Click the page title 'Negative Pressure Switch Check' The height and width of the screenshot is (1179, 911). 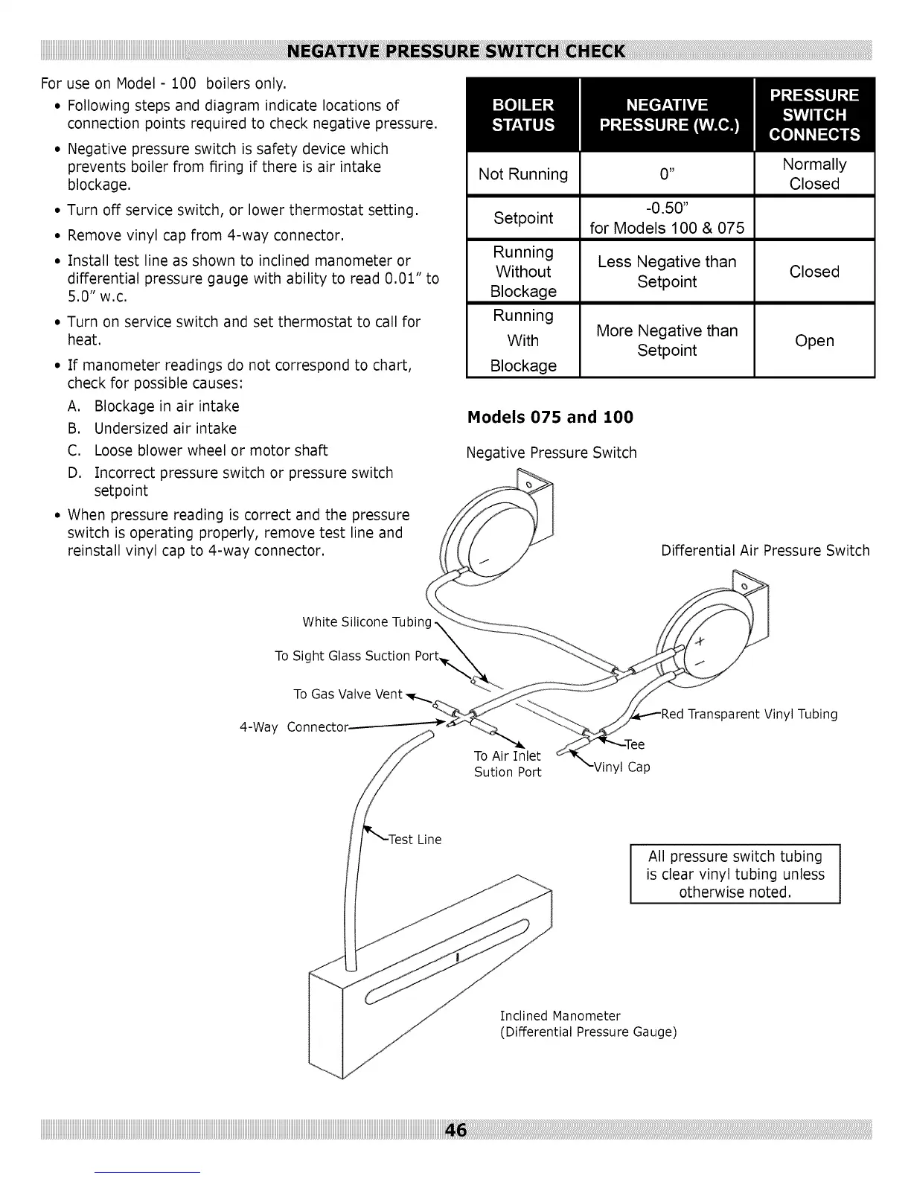tap(455, 51)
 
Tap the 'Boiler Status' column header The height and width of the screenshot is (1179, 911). tap(523, 115)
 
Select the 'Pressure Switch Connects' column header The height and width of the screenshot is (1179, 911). tap(814, 115)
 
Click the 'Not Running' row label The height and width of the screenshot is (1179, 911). tap(523, 174)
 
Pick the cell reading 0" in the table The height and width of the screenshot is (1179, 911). tap(667, 174)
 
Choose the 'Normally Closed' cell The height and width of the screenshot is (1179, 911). tap(814, 174)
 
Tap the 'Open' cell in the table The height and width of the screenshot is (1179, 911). tap(814, 341)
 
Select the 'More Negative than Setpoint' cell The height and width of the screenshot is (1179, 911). tap(667, 340)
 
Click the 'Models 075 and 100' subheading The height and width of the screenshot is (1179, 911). tap(550, 417)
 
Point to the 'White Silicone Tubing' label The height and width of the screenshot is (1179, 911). tap(367, 622)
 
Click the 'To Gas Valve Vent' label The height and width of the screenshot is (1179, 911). tap(348, 694)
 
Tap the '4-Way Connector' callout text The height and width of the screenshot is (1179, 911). tap(294, 727)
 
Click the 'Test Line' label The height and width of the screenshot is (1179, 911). tap(415, 840)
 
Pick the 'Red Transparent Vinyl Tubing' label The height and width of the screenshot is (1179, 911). tap(749, 715)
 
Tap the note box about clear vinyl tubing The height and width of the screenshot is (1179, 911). tap(735, 874)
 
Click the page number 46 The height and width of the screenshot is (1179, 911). tap(455, 1130)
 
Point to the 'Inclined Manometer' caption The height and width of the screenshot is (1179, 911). tap(560, 1016)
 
